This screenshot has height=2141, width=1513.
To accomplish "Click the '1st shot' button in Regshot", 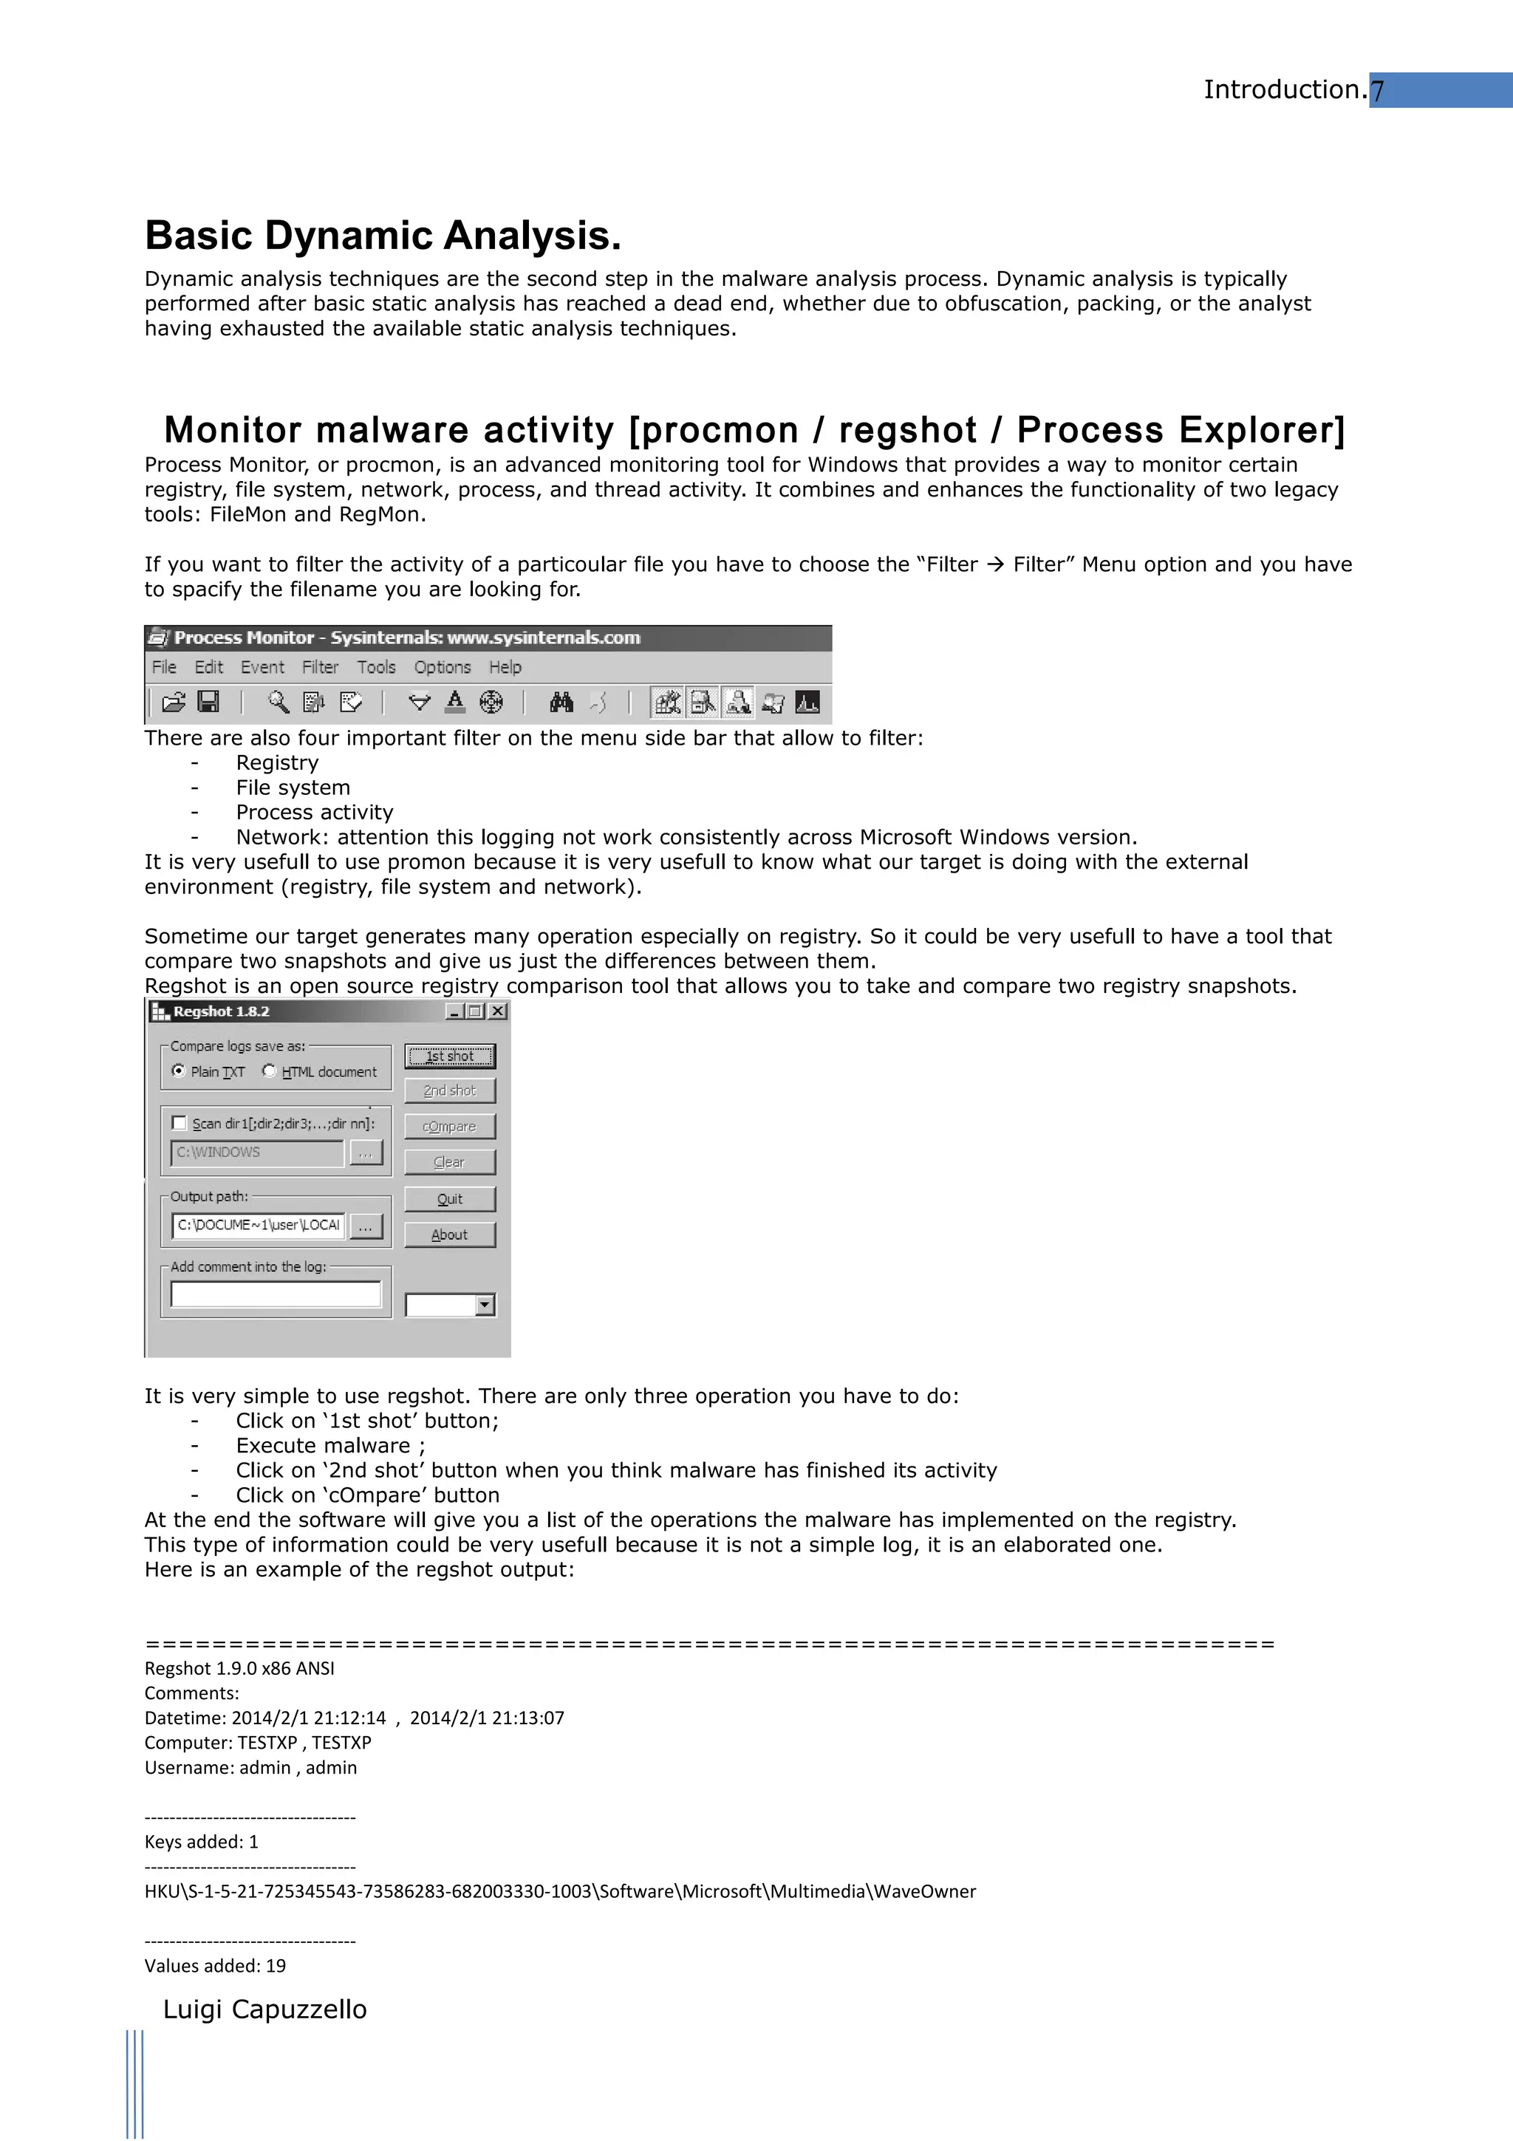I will click(449, 1056).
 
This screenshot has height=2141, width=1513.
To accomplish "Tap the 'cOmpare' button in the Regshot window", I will click(449, 1127).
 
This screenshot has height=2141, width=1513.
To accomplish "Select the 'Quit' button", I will click(449, 1199).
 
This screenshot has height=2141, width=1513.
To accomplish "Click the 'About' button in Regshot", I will click(449, 1235).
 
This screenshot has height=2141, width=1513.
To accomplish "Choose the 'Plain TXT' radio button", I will click(178, 1070).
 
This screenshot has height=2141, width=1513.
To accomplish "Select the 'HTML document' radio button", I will click(270, 1070).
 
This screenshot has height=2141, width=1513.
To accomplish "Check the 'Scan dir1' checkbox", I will click(179, 1123).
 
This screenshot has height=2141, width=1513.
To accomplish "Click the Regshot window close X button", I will click(499, 1011).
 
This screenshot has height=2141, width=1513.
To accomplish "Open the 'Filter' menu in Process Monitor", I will click(320, 666).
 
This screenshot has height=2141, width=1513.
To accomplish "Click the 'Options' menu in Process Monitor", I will click(442, 666).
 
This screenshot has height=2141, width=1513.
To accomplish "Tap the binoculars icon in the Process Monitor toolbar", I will click(561, 702).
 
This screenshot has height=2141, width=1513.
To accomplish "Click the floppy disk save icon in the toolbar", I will click(209, 702).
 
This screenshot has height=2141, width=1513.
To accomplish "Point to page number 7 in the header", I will click(1377, 90).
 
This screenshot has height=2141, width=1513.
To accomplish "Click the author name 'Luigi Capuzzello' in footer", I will click(264, 2009).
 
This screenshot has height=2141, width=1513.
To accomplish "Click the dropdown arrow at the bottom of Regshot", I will click(485, 1305).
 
